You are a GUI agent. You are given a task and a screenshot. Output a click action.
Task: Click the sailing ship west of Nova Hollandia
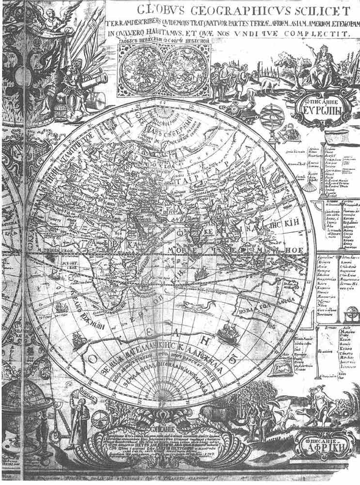[x=227, y=333]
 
